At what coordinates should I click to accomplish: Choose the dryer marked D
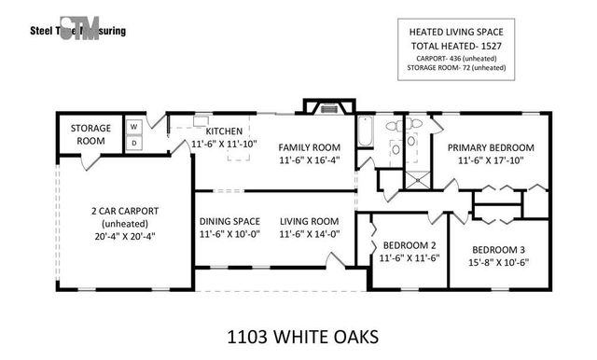click(133, 142)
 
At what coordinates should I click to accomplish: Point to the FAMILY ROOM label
click(309, 147)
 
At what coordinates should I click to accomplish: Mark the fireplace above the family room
click(328, 107)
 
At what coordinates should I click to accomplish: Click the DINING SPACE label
click(229, 221)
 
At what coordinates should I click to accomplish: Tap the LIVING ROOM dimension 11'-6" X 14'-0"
click(309, 235)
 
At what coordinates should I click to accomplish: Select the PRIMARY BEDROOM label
click(490, 147)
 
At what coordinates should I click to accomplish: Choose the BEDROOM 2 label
click(409, 245)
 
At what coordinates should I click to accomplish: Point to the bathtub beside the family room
click(365, 133)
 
